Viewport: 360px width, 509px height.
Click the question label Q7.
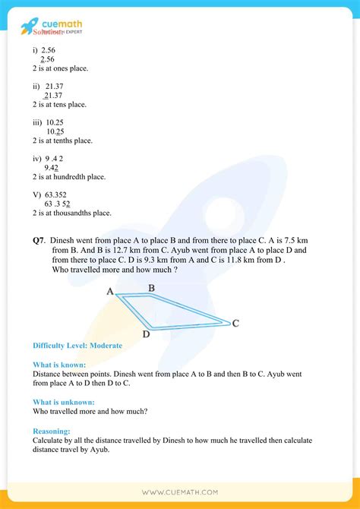tap(39, 240)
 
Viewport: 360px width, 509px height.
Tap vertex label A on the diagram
tap(110, 292)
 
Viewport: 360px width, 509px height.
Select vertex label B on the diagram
tap(152, 288)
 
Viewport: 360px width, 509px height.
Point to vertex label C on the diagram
tap(235, 324)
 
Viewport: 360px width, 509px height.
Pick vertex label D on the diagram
tap(146, 334)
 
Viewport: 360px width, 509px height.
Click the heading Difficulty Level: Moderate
tap(77, 346)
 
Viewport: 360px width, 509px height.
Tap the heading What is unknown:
tap(64, 402)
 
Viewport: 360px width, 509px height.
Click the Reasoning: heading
tap(52, 430)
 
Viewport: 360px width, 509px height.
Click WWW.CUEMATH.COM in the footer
tap(180, 492)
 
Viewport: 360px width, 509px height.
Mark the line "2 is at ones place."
tap(60, 68)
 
